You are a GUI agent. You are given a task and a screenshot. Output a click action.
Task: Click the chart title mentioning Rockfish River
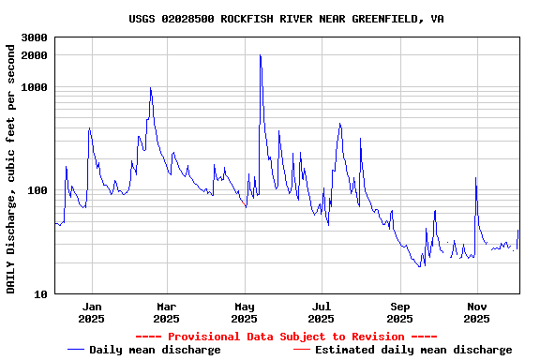coord(286,19)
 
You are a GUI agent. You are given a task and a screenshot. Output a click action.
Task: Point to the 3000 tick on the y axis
coord(35,38)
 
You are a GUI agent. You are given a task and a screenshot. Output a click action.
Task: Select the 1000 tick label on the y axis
coord(35,87)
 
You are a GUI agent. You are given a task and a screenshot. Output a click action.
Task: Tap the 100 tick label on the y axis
coord(37,190)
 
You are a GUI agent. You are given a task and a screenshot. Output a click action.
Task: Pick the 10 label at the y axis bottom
coord(40,294)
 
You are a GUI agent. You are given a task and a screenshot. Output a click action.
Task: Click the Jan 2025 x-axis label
coord(92,312)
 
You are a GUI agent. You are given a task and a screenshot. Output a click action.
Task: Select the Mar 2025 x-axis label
coord(166,312)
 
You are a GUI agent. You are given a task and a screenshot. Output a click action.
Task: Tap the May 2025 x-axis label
coord(245,312)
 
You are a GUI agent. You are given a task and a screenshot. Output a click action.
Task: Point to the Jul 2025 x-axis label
coord(322,312)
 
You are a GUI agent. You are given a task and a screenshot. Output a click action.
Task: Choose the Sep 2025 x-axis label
coord(400,312)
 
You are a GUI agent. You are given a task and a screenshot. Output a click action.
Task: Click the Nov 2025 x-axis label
coord(477,312)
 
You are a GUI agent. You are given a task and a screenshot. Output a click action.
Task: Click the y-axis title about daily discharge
coord(12,166)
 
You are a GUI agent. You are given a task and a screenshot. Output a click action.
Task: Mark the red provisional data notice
coord(286,337)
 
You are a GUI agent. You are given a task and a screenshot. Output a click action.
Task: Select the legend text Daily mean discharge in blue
coord(155,350)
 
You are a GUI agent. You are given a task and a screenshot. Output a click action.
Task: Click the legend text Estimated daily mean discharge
coord(413,350)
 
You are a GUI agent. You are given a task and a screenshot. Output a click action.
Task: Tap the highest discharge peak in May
coord(260,55)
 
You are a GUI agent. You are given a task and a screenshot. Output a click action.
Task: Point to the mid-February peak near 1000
coord(150,88)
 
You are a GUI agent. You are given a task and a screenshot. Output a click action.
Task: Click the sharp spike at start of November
coord(476,177)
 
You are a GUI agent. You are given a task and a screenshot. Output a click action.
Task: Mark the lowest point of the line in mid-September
coord(420,267)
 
